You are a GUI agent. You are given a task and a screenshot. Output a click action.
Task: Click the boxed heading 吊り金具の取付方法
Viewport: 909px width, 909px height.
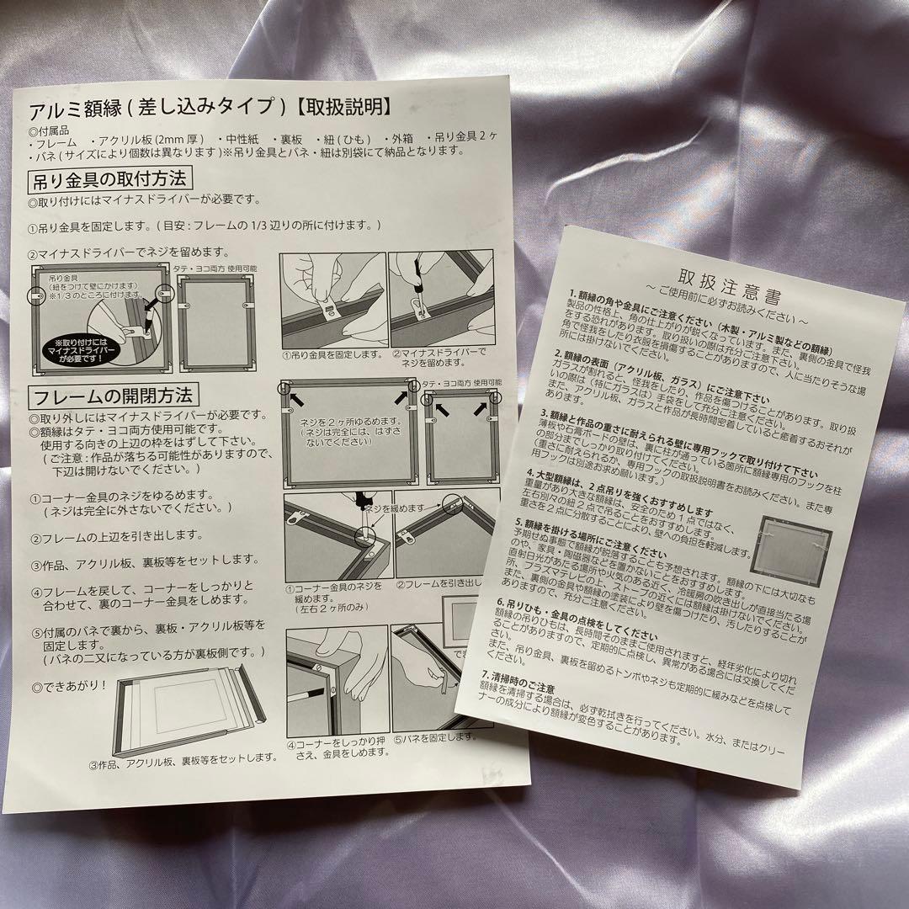pyautogui.click(x=110, y=179)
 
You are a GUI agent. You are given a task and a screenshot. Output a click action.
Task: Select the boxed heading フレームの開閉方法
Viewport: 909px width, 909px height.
pyautogui.click(x=112, y=395)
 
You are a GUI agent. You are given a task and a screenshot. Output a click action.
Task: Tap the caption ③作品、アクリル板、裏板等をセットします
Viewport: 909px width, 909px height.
pyautogui.click(x=195, y=758)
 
